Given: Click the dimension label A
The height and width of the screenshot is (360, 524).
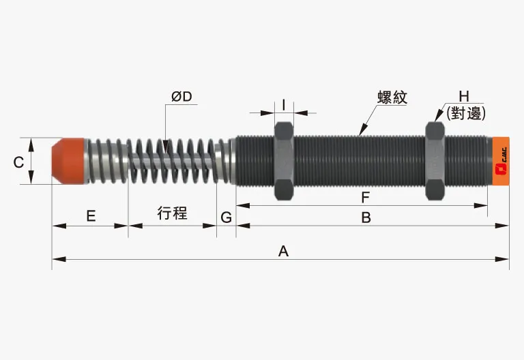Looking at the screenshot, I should coord(284,251).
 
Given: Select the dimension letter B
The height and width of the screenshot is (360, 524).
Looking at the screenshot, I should coord(366,217).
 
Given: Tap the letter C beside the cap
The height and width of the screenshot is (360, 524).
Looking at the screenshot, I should coord(19,162).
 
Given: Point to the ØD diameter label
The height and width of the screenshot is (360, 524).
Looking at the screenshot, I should coord(182,97).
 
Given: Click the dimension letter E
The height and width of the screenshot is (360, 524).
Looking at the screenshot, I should coord(91,216).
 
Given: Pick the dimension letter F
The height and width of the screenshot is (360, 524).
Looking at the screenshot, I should coord(366,198).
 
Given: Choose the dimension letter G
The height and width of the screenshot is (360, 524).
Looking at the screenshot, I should coord(227,217).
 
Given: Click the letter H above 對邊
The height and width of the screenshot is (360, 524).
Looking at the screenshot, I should coord(465,97).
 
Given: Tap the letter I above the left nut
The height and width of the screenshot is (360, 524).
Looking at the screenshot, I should coord(283,104).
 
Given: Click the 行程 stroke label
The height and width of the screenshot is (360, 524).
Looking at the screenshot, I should coord(172,213).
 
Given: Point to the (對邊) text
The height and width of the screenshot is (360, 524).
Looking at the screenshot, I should coord(465,114).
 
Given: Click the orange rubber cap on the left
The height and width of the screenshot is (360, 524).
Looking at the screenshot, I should coord(68,161).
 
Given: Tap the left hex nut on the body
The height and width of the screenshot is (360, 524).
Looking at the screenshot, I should coord(284,161).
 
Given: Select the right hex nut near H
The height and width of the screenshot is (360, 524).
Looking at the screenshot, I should coord(435,161).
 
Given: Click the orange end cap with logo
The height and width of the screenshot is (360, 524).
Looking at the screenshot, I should coord(499,161).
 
